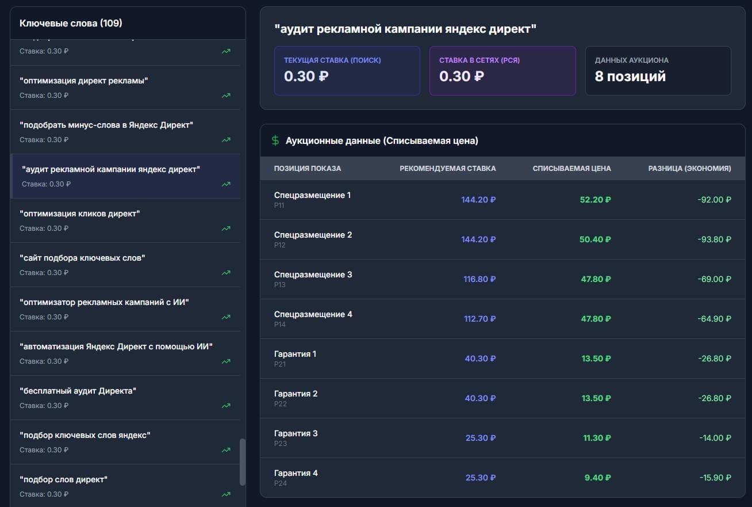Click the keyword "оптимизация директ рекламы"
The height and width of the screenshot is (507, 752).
[83, 81]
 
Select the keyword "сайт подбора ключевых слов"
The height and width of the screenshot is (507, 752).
[82, 258]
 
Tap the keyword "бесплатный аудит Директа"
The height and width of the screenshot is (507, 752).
[78, 391]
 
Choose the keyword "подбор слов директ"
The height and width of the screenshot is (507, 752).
[63, 479]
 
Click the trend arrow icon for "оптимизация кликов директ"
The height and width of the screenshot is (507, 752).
[226, 228]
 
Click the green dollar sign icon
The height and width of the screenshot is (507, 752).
[275, 140]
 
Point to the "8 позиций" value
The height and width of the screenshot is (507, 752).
[630, 77]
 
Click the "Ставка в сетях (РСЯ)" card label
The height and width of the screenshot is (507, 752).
[479, 60]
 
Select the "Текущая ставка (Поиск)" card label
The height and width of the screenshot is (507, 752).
[332, 60]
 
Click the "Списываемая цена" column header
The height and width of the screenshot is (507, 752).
[571, 168]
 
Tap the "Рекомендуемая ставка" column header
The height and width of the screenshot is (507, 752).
[447, 168]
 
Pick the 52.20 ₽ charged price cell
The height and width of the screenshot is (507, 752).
[595, 200]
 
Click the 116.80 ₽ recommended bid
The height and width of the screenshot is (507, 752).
[479, 279]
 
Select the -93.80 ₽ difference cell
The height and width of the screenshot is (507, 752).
[715, 239]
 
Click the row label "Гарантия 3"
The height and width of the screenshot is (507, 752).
[296, 433]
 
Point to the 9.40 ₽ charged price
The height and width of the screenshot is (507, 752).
[597, 478]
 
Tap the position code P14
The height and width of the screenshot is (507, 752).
[279, 324]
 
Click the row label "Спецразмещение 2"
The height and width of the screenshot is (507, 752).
[313, 235]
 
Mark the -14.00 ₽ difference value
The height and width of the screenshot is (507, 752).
[715, 438]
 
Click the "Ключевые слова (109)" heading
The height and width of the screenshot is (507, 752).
[71, 23]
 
